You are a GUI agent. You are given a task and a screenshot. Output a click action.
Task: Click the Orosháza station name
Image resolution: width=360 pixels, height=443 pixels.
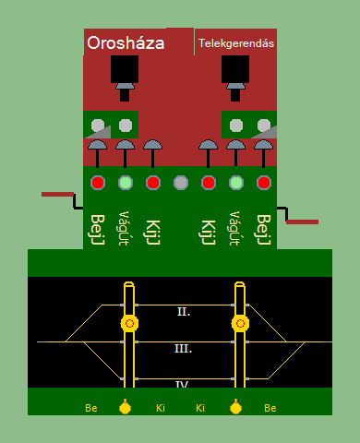click(126, 43)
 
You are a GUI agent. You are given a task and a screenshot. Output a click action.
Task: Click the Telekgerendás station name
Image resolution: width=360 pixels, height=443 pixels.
click(236, 43)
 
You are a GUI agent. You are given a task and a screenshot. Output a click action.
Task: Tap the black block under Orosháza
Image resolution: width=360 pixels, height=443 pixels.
click(125, 69)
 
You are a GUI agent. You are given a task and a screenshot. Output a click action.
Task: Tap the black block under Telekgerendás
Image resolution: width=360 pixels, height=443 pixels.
click(235, 69)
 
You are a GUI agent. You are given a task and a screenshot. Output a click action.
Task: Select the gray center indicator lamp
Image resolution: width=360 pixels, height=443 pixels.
click(181, 183)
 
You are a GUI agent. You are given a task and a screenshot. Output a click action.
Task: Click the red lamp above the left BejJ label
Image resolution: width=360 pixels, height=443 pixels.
click(98, 183)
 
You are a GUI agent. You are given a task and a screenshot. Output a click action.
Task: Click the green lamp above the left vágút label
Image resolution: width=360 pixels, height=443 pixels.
click(126, 183)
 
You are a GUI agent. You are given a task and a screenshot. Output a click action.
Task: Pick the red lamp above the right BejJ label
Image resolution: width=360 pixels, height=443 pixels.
click(264, 183)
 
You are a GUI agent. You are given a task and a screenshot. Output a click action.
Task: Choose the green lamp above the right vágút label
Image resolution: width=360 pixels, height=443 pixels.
click(236, 183)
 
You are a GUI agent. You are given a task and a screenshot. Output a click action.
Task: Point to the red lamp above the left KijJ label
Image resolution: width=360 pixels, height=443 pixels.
click(153, 183)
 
